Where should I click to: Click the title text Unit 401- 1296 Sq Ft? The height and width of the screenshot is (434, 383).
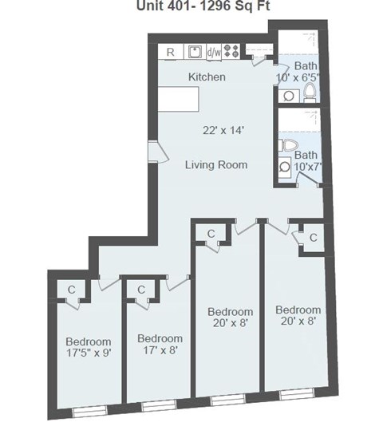coord(191,7)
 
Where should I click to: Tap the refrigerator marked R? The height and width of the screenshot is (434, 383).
coord(171,52)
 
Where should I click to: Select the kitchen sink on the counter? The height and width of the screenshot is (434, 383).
coord(194,52)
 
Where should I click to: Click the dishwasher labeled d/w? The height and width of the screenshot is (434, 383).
coord(214,52)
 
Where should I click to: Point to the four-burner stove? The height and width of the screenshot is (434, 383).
coord(232,52)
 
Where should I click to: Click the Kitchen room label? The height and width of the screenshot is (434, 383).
coord(206,77)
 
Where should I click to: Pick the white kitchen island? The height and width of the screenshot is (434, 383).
coord(179,101)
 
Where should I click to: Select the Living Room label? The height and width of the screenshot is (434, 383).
coord(215,165)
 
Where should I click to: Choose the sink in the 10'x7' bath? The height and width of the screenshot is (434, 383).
coord(286,168)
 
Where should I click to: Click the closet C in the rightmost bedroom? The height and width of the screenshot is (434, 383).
coord(313,238)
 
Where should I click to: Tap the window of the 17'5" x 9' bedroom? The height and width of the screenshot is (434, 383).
coord(89,410)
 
